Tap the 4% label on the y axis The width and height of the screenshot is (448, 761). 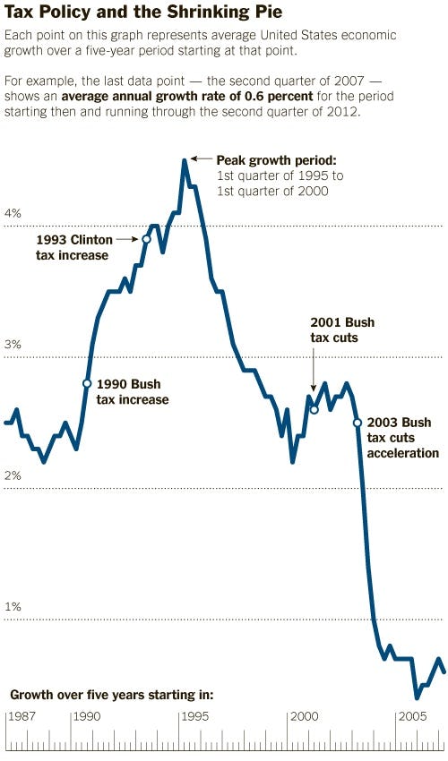point(13,214)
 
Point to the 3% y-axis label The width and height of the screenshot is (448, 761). point(13,346)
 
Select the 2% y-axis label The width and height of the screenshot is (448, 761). point(13,476)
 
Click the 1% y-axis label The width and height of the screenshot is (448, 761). point(13,607)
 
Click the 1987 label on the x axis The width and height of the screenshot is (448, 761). point(22,717)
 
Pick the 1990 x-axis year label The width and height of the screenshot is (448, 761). point(86,717)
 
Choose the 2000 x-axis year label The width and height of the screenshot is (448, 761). point(304,717)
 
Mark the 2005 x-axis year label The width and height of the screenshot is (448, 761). point(412,717)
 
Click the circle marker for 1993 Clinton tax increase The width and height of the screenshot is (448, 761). point(146,239)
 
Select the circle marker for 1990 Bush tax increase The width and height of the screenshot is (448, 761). point(87,383)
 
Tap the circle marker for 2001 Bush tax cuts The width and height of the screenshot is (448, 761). point(314,409)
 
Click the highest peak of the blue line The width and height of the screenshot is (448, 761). point(184,161)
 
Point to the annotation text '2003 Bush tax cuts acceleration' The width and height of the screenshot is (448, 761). point(402,438)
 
